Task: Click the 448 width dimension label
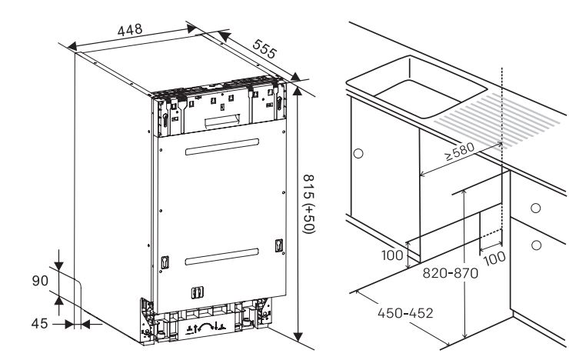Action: point(129,30)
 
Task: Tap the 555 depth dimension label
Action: point(265,49)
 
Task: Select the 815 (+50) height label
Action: point(309,204)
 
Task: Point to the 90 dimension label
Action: point(40,281)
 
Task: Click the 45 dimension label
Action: point(39,323)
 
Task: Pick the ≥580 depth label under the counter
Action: point(459,152)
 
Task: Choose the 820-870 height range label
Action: point(451,273)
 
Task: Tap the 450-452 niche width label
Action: point(405,313)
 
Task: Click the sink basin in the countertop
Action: point(416,86)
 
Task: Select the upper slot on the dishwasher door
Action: point(222,147)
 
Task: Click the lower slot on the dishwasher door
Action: point(222,257)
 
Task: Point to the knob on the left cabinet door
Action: point(358,154)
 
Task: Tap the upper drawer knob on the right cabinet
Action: point(536,208)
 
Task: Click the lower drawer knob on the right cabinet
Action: point(537,245)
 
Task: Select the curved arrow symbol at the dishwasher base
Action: point(205,326)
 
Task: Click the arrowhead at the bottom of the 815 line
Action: point(298,337)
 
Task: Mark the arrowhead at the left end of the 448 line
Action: point(72,46)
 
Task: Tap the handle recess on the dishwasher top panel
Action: point(222,120)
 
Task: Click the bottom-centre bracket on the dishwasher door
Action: point(197,292)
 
